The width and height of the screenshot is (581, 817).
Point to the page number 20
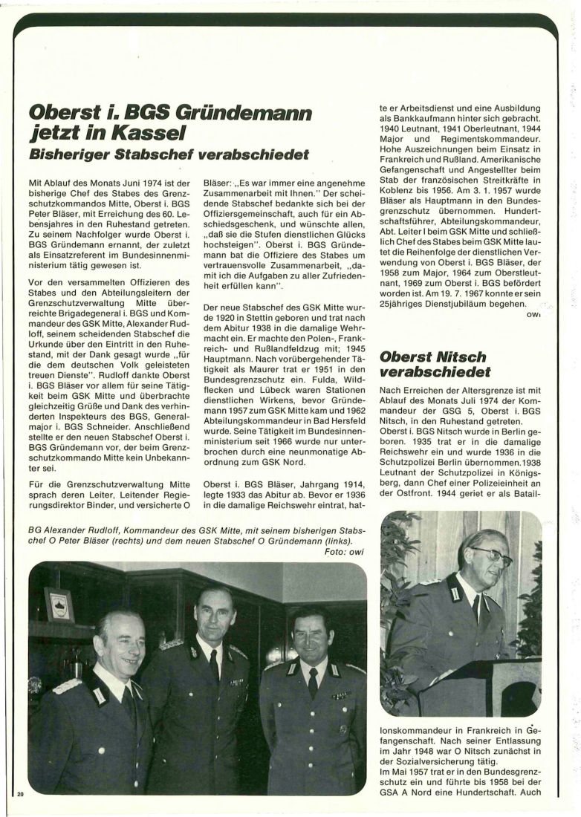(20, 795)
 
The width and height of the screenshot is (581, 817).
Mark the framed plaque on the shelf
(59, 605)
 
